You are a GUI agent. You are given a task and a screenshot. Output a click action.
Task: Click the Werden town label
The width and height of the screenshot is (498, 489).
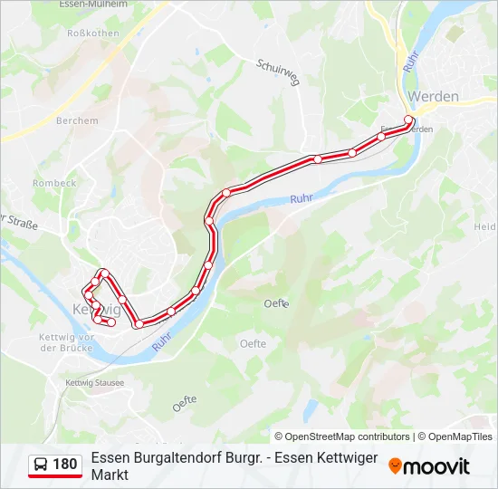pyautogui.click(x=433, y=95)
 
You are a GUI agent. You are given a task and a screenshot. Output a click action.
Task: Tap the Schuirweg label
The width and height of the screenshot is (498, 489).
pyautogui.click(x=278, y=70)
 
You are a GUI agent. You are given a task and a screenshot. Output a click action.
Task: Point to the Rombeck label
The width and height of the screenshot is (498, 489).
pyautogui.click(x=54, y=183)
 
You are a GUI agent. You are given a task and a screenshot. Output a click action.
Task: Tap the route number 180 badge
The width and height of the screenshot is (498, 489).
pyautogui.click(x=65, y=465)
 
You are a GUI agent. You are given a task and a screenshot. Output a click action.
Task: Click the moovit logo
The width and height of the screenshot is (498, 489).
pyautogui.click(x=429, y=465)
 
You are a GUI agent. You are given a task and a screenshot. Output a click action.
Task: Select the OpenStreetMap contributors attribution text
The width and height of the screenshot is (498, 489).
pyautogui.click(x=341, y=436)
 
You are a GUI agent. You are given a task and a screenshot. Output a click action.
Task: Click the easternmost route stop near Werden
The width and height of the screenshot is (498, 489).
pyautogui.click(x=409, y=120)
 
